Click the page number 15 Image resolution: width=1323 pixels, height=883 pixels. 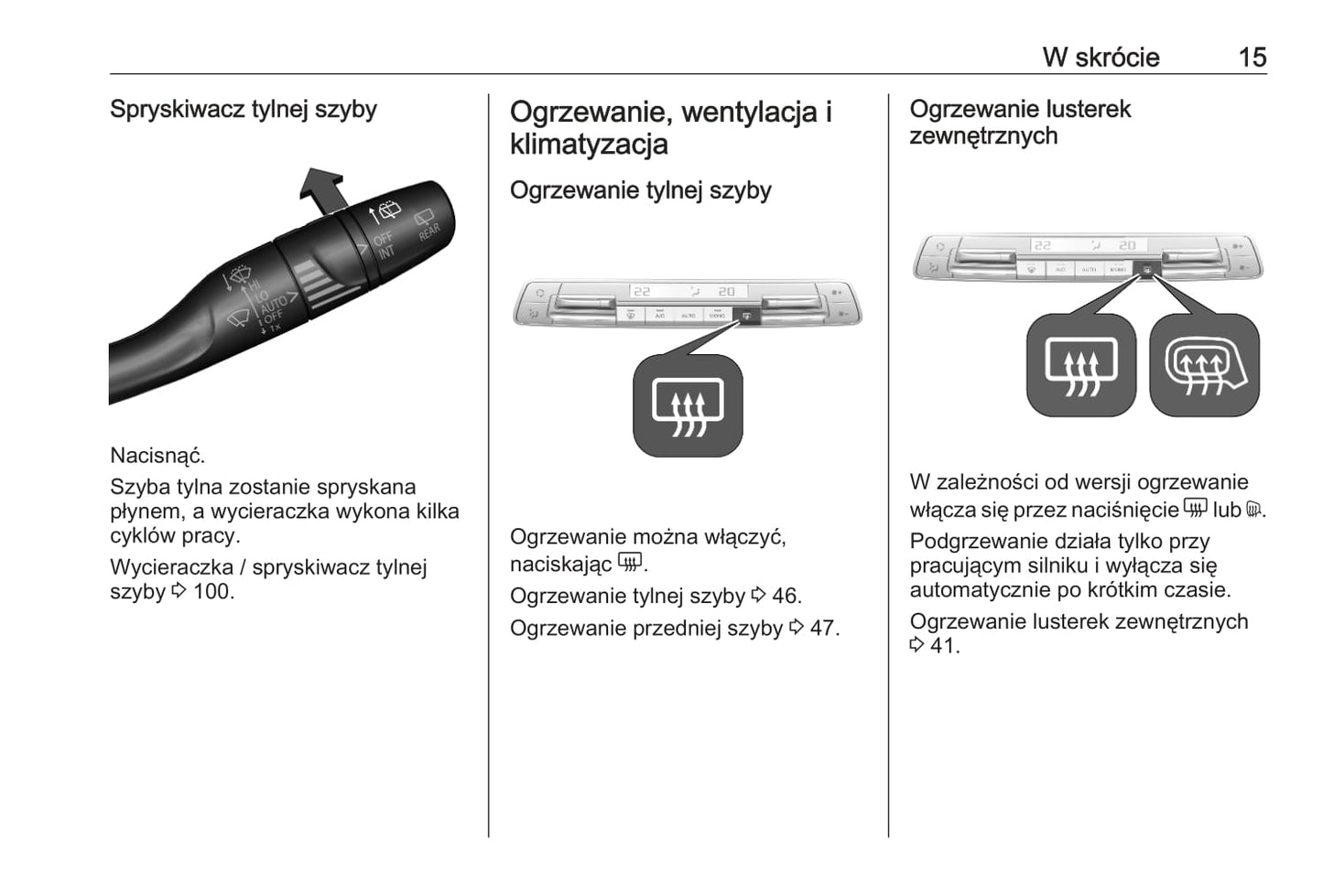point(1252,58)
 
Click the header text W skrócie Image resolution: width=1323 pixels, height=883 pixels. point(1101,58)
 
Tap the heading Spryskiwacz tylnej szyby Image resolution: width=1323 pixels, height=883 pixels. point(244,110)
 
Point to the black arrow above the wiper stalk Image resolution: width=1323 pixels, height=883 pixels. point(322,190)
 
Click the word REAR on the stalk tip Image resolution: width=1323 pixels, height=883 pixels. point(428,231)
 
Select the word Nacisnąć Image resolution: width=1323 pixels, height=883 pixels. point(157,456)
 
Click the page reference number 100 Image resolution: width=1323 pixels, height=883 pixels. point(211,592)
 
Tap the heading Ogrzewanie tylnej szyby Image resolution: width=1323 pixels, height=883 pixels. point(640,190)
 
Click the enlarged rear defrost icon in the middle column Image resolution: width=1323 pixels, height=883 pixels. point(688,406)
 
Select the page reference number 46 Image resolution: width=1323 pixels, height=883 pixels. point(786,597)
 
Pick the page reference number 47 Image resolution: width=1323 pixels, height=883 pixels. point(823,629)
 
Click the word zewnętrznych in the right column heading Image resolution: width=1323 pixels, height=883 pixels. point(983,136)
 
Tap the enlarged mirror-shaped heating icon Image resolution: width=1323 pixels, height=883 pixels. point(1204,366)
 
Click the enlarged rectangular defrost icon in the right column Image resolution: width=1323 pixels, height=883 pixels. point(1081,366)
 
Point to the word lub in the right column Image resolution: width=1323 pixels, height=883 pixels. point(1227,511)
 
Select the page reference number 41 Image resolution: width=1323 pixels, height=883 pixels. point(942,646)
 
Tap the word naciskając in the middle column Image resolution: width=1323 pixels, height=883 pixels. point(560,565)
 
